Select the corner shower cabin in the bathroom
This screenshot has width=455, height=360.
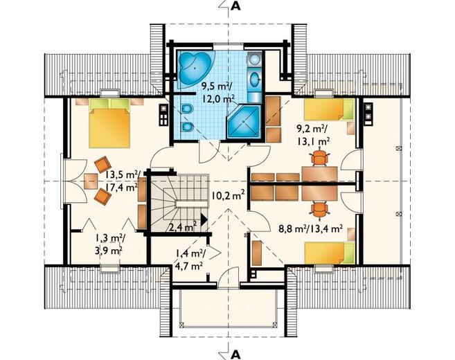(x=244, y=121)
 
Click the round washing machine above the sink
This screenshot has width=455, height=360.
(x=254, y=60)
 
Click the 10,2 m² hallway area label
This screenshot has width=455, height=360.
(x=227, y=195)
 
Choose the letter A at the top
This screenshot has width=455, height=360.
(x=236, y=6)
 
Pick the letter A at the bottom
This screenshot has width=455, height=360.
(x=236, y=354)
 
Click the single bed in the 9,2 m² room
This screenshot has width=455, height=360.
(x=330, y=109)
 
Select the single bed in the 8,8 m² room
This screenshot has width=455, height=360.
(x=330, y=253)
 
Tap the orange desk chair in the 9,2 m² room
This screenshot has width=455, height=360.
(x=319, y=158)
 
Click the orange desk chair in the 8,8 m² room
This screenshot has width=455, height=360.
(x=319, y=208)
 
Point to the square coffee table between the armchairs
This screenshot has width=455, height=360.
(x=91, y=181)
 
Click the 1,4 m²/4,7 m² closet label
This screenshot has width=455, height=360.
(x=190, y=260)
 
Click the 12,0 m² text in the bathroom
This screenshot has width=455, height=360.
(x=219, y=99)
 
